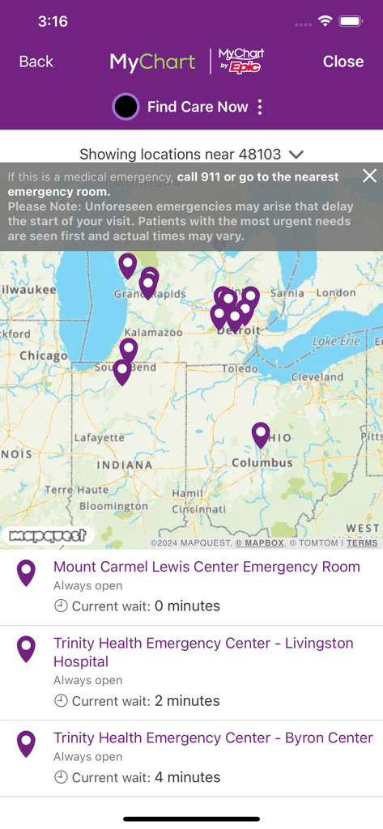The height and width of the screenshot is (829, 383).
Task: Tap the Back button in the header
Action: click(x=36, y=62)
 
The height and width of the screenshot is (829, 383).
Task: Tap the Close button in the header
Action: click(x=343, y=62)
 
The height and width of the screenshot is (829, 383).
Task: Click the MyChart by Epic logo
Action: click(x=241, y=61)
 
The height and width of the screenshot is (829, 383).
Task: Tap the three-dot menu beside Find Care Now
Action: click(x=260, y=107)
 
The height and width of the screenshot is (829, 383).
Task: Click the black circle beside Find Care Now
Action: click(x=126, y=107)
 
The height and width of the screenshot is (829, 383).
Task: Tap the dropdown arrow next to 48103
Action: click(x=296, y=154)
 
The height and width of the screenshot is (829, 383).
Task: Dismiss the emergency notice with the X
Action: click(x=369, y=176)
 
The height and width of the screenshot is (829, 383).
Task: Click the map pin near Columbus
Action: click(x=260, y=434)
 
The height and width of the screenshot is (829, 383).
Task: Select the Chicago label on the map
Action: click(x=43, y=355)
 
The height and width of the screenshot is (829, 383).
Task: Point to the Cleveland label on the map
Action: click(x=317, y=377)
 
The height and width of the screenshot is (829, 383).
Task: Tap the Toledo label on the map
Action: click(x=240, y=368)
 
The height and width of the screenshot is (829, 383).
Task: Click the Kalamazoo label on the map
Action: click(x=153, y=332)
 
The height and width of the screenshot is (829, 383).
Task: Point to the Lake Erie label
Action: click(x=335, y=342)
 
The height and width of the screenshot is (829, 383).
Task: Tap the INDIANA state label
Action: click(x=125, y=465)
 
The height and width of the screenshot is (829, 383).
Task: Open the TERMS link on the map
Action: click(x=362, y=542)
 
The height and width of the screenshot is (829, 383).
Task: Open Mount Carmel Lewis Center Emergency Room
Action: click(x=206, y=567)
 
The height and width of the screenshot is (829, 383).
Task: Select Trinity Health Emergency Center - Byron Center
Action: click(x=213, y=738)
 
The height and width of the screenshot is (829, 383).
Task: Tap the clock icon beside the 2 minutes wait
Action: click(x=61, y=701)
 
